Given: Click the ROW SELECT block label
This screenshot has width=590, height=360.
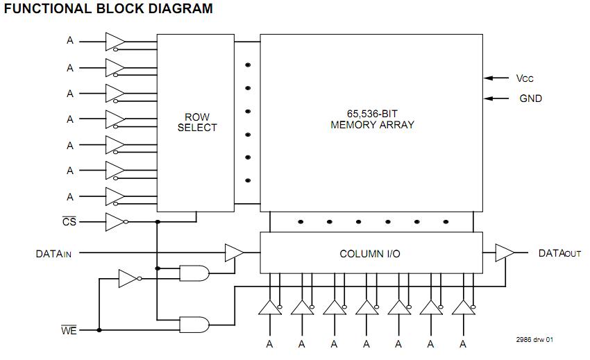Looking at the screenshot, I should (196, 122).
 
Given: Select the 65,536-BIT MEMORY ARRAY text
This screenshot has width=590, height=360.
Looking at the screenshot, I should (372, 119).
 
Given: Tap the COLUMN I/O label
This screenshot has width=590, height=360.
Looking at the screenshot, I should (369, 254).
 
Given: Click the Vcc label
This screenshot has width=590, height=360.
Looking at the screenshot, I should (525, 78).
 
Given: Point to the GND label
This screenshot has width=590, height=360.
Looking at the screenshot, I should (530, 98).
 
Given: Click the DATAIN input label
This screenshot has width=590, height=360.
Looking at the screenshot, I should (53, 254).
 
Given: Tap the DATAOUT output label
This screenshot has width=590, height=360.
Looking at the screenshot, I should (559, 254).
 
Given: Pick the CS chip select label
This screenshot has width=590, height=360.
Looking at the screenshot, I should (69, 222).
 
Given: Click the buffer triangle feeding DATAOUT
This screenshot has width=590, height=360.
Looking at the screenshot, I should (505, 253).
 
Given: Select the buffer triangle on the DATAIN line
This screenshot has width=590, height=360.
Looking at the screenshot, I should (234, 253).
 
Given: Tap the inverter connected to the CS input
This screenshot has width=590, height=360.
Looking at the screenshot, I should (115, 222).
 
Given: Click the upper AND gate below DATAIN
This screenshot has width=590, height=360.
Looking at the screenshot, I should (194, 273).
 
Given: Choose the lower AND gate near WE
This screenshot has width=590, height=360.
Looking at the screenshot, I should (194, 324).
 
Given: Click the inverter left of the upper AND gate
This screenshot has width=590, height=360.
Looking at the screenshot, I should (129, 279).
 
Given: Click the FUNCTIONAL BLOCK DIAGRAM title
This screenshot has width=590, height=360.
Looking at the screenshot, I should (108, 9).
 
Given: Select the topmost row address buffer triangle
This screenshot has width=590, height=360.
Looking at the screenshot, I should (115, 42).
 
